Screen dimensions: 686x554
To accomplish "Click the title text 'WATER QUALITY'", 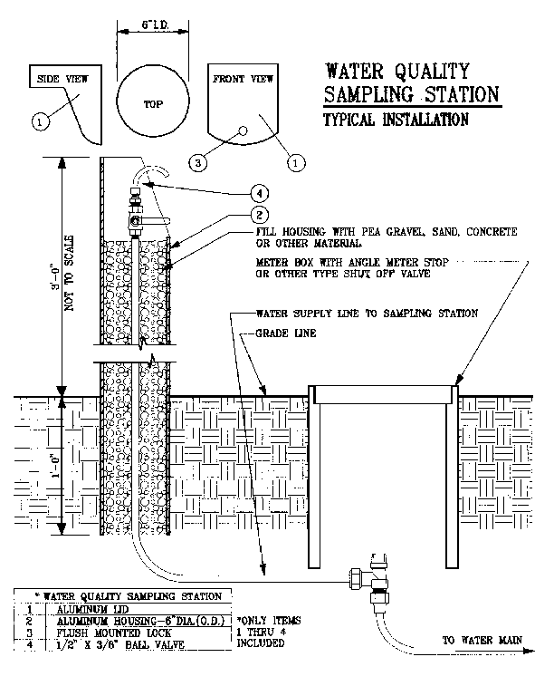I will pyautogui.click(x=397, y=71).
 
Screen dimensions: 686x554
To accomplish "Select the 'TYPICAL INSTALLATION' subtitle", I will pyautogui.click(x=396, y=120).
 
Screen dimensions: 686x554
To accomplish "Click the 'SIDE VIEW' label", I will pyautogui.click(x=61, y=79).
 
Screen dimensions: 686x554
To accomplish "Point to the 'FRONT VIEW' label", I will pyautogui.click(x=243, y=79).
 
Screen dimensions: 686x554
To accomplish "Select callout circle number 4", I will pyautogui.click(x=261, y=194).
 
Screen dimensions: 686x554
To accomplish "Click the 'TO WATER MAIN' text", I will pyautogui.click(x=482, y=641).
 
